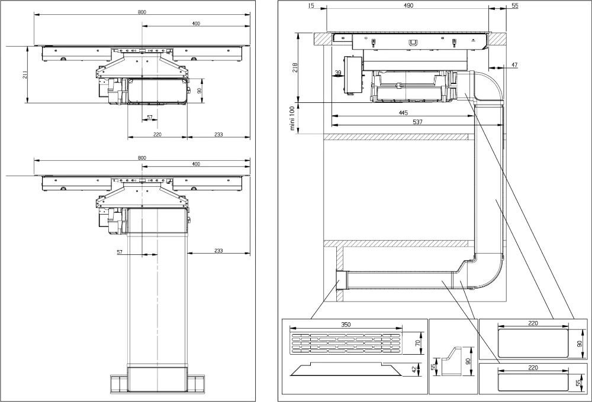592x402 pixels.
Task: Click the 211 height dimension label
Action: [25, 75]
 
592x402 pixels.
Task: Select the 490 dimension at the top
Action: [408, 5]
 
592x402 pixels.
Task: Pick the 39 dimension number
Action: [338, 73]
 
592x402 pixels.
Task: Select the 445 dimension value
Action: [403, 112]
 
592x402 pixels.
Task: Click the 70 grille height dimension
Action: [417, 343]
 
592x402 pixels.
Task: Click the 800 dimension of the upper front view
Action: [141, 12]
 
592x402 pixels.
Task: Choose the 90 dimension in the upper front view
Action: [200, 90]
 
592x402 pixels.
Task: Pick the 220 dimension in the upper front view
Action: [157, 135]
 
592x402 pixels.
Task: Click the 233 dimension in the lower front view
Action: [218, 251]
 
